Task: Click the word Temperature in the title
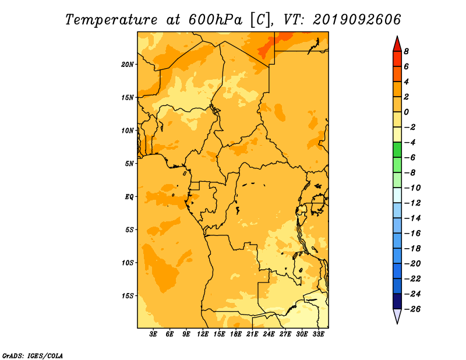111,20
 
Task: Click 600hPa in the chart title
216,20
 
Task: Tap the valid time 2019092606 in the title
357,20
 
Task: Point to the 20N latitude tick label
128,65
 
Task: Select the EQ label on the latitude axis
129,197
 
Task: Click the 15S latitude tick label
128,296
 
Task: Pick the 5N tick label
129,164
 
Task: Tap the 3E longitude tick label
153,334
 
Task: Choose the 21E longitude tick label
252,334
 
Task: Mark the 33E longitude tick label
318,334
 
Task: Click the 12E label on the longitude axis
202,334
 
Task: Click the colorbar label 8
406,51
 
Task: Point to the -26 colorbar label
412,309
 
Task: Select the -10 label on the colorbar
412,188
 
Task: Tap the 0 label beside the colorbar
406,112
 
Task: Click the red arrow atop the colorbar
397,45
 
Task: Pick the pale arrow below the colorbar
397,316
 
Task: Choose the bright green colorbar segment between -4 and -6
397,150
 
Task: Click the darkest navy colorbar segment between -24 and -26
397,301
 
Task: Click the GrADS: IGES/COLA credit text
33,356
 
